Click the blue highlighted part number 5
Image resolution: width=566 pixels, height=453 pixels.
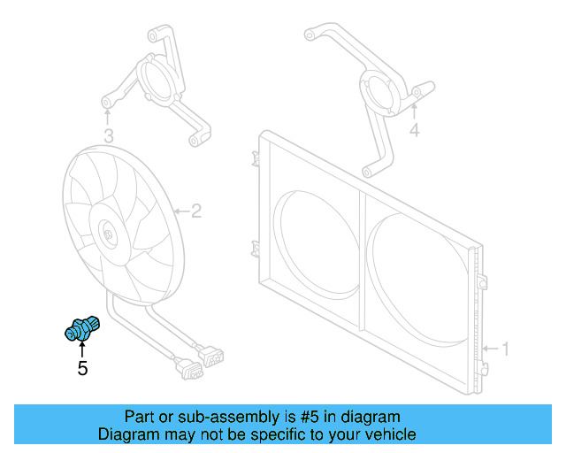tap(82, 328)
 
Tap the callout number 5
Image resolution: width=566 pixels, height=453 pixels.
tap(82, 368)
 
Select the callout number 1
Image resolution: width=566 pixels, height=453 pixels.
tap(506, 349)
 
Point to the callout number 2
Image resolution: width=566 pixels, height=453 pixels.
tap(196, 211)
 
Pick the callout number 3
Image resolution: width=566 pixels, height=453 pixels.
tap(109, 136)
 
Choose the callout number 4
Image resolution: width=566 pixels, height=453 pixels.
tap(415, 130)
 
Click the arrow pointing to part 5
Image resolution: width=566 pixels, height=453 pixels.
tap(82, 349)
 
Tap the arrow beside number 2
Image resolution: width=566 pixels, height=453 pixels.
tap(181, 211)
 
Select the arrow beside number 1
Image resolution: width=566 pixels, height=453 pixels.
tap(492, 349)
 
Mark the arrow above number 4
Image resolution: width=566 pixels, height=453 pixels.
tap(415, 111)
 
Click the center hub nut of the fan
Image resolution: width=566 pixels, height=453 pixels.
tap(108, 234)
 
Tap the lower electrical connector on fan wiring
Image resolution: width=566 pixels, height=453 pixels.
tap(189, 369)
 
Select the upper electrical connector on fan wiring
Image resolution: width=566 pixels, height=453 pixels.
tap(211, 356)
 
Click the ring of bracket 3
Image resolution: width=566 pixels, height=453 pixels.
tap(159, 81)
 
